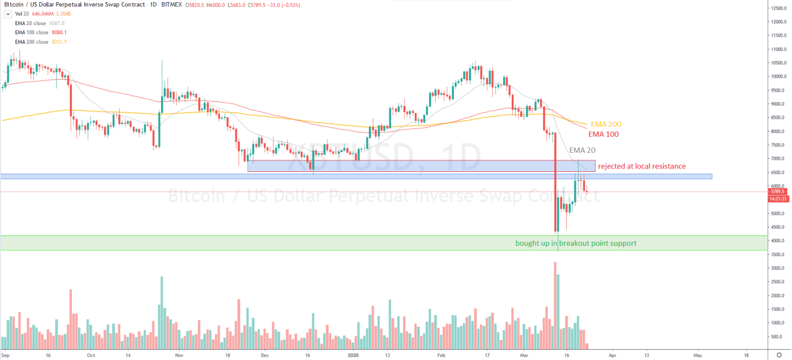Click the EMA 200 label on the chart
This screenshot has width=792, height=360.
coord(606,125)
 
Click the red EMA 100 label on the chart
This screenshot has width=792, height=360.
coord(603,134)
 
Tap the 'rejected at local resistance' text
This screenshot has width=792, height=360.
coord(641,166)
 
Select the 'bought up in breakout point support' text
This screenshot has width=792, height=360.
coord(576,243)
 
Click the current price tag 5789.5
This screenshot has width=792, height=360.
coord(776,192)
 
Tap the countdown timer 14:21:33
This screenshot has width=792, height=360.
coord(776,199)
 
